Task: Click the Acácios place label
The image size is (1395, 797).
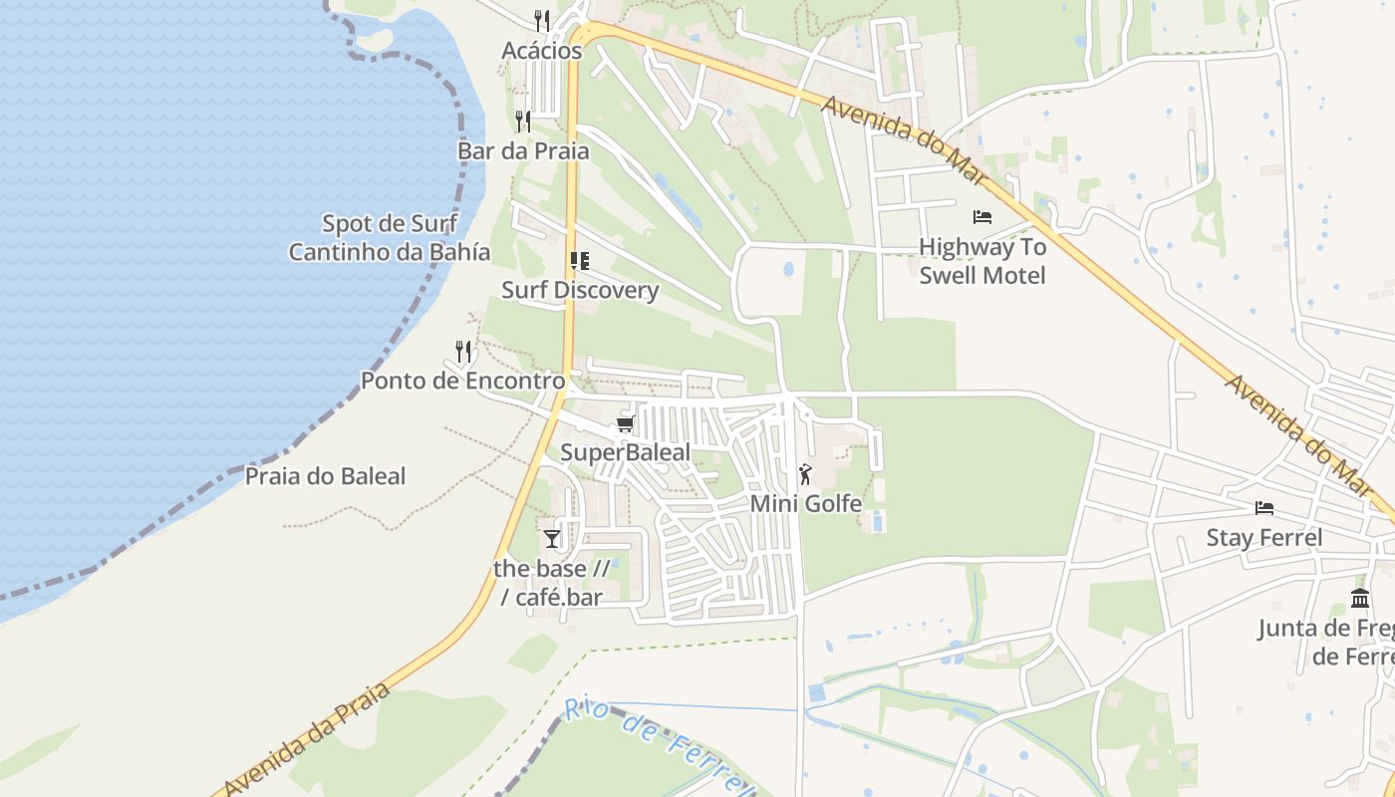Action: [x=541, y=51]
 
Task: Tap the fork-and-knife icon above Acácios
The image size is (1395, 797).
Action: [x=541, y=19]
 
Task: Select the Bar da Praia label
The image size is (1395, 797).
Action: [x=523, y=151]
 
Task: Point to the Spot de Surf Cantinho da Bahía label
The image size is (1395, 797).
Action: [x=390, y=237]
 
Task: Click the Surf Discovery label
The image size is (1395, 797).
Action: [x=579, y=290]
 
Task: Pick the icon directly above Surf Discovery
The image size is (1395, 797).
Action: [x=579, y=261]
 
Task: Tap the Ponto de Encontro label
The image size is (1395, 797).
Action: [x=462, y=381]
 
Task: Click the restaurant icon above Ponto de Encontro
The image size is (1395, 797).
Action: [x=462, y=351]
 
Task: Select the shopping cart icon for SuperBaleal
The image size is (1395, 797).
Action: [x=625, y=424]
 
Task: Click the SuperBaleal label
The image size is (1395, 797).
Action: [x=625, y=452]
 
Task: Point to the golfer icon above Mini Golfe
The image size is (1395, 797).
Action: [x=805, y=474]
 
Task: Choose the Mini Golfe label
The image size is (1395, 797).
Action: [x=805, y=504]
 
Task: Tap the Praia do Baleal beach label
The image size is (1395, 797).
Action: [x=326, y=476]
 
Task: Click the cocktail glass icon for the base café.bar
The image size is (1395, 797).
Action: [x=552, y=539]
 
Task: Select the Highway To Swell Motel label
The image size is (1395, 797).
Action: [x=982, y=261]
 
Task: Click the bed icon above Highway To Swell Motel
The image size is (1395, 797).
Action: [x=982, y=216]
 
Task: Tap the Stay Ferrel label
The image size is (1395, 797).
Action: [x=1264, y=538]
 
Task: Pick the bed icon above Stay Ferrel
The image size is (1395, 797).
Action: [x=1264, y=508]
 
